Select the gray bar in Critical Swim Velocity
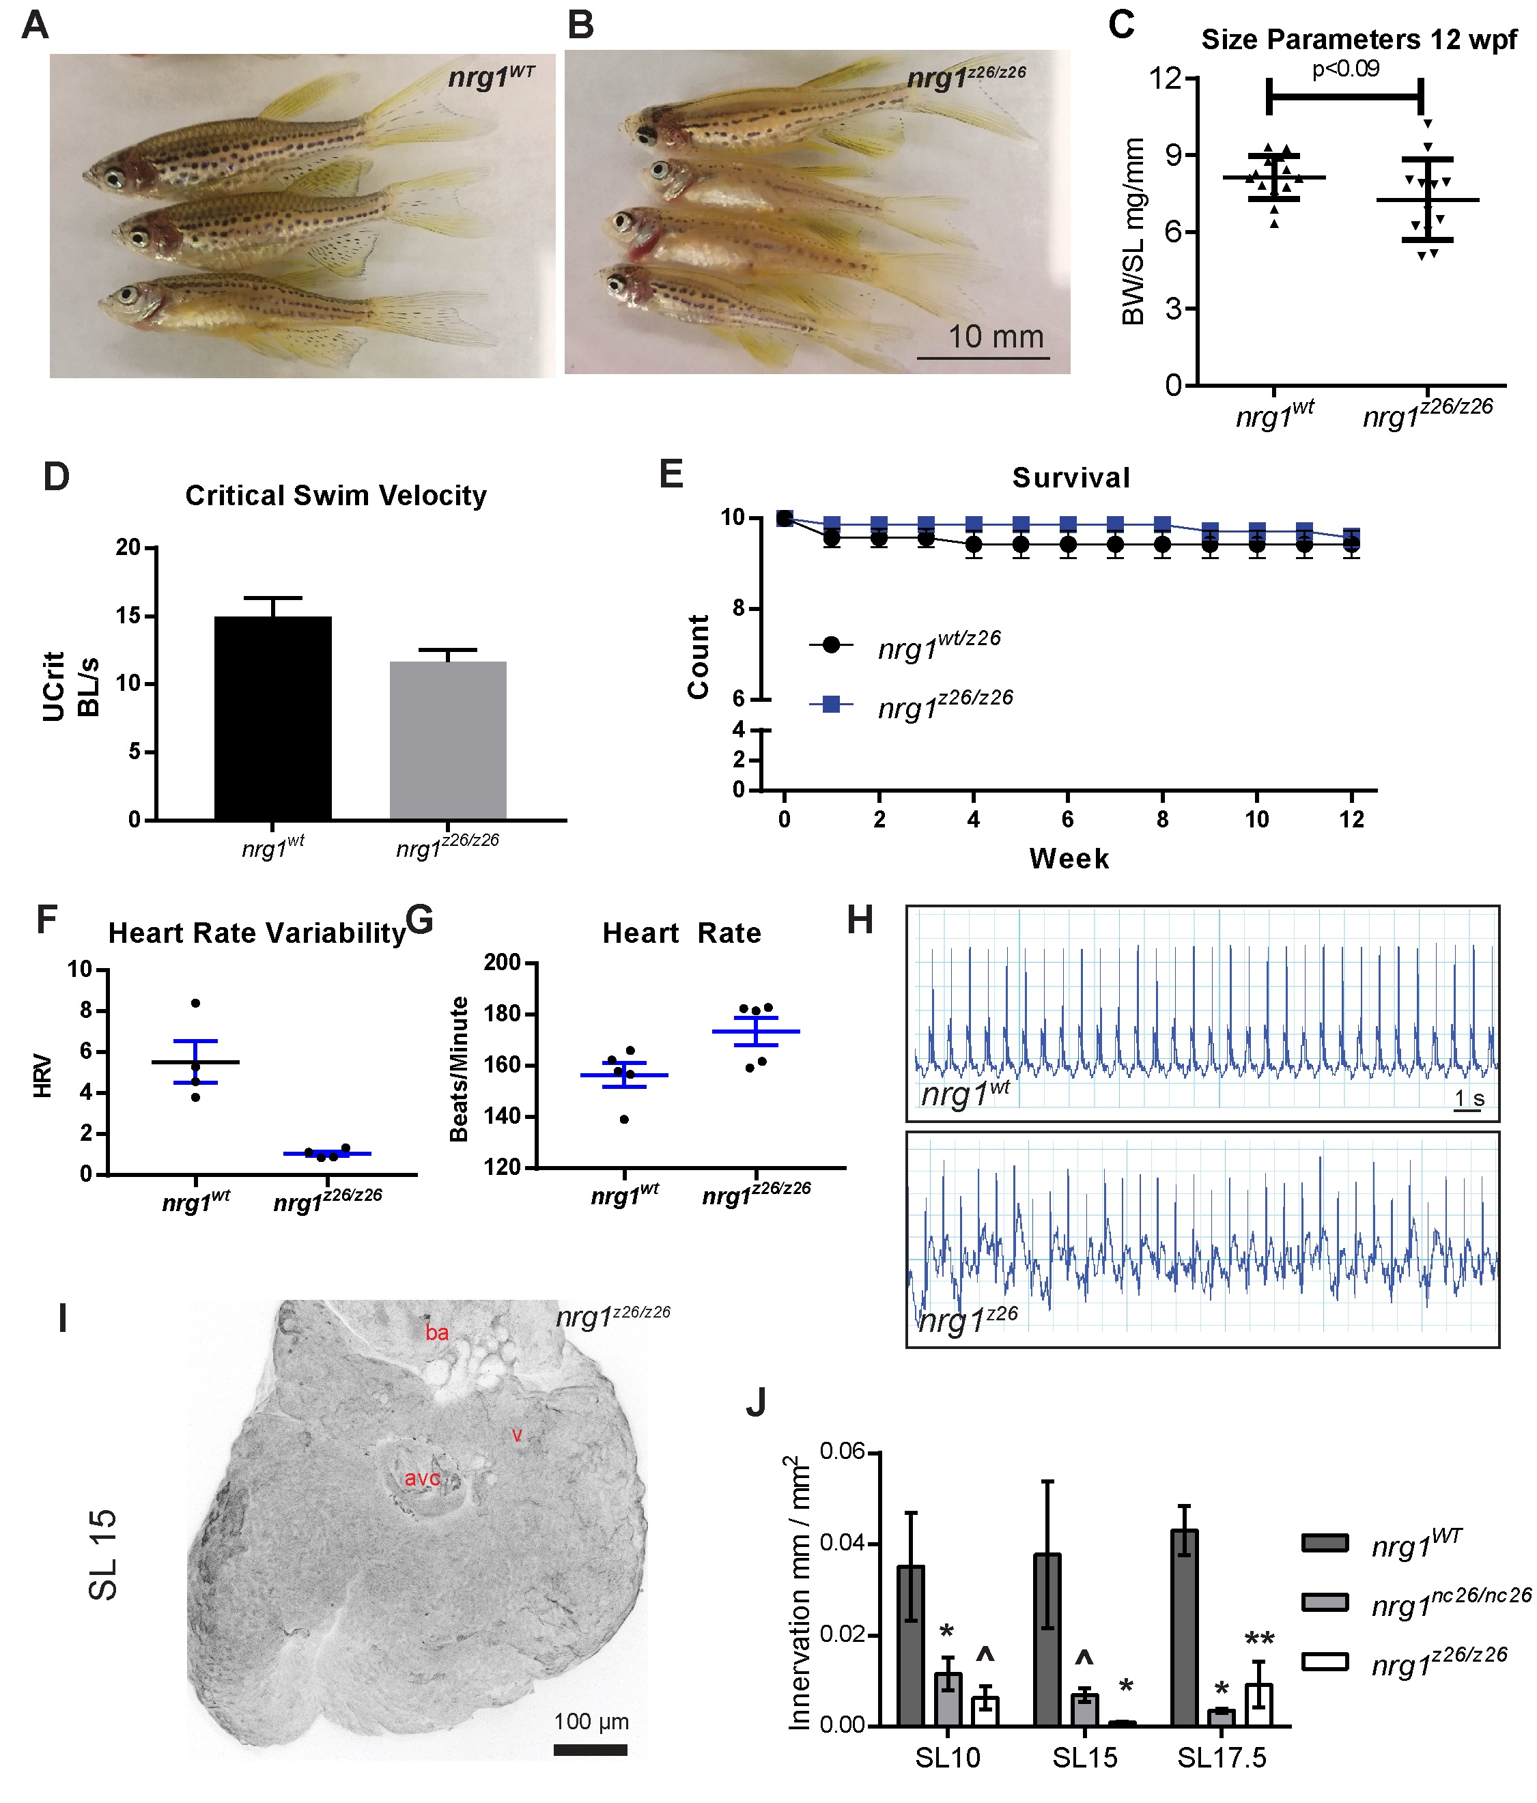pyautogui.click(x=447, y=739)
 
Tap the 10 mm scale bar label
pyautogui.click(x=995, y=337)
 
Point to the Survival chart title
pyautogui.click(x=1070, y=478)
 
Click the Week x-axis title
pyautogui.click(x=1068, y=859)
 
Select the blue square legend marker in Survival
pyautogui.click(x=831, y=704)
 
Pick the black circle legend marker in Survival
pyautogui.click(x=831, y=644)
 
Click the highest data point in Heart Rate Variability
pyautogui.click(x=196, y=1004)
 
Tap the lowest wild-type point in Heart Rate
pyautogui.click(x=624, y=1119)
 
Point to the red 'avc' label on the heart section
pyautogui.click(x=422, y=1477)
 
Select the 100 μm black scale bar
pyautogui.click(x=590, y=1749)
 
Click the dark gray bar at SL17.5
pyautogui.click(x=1185, y=1628)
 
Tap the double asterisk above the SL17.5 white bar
pyautogui.click(x=1259, y=1639)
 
